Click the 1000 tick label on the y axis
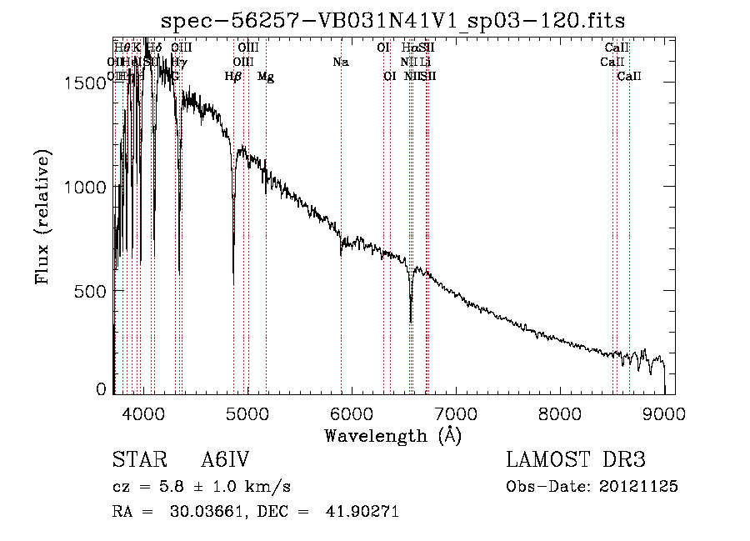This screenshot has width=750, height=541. point(83,187)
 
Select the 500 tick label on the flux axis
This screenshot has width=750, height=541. point(89,291)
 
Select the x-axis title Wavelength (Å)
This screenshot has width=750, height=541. point(392,435)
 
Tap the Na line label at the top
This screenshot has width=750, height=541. point(340,62)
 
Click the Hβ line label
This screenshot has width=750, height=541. point(233,76)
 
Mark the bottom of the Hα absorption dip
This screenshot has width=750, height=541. point(410,321)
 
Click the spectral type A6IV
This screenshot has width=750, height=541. point(225,460)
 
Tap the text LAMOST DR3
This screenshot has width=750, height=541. point(576,460)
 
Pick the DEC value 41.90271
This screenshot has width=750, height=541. point(362,512)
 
